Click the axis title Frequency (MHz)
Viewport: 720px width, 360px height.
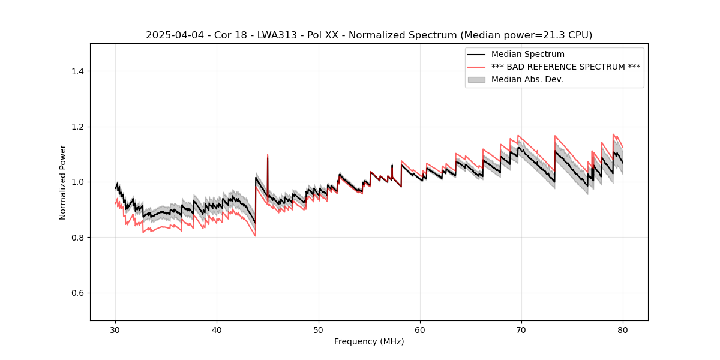[369, 341]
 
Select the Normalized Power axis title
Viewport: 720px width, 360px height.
[63, 182]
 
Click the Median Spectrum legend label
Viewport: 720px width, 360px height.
[527, 55]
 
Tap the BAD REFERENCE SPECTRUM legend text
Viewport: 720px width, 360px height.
[565, 67]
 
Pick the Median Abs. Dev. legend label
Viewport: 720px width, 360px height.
[527, 79]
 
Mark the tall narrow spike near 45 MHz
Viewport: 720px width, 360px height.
[268, 157]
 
